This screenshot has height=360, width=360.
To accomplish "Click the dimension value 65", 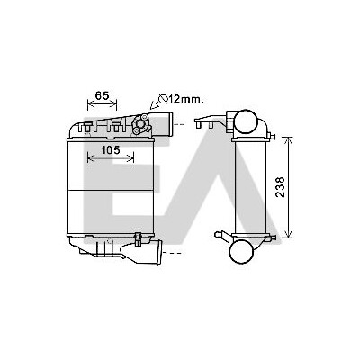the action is coord(102,95).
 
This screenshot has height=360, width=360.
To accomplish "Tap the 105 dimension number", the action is coord(110,149).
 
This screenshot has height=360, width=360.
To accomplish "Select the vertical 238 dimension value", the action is coord(280,187).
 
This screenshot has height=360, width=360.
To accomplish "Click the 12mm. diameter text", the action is coord(185,99).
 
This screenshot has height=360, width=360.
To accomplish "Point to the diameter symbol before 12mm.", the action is coord(163,99).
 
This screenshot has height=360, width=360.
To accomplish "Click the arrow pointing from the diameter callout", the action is coord(155,104).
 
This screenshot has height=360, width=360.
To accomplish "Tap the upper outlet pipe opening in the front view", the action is coord(170,124).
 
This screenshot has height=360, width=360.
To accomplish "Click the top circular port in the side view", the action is coord(246,122).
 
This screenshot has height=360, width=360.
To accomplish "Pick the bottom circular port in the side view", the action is coord(241,252).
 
